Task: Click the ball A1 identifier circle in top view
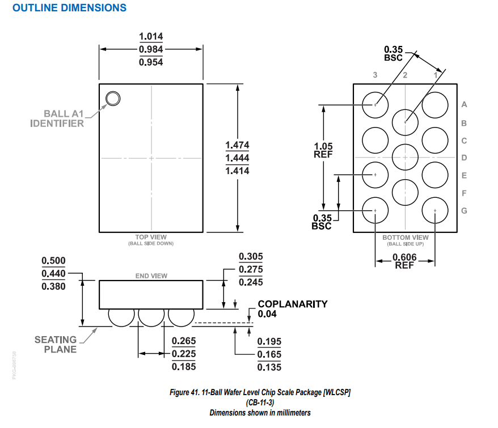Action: pos(113,99)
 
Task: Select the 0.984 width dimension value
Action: pos(151,49)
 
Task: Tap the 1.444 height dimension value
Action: pos(237,158)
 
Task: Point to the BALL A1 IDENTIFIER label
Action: pos(57,118)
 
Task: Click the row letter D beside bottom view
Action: pos(464,158)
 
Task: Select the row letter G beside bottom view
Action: pos(464,211)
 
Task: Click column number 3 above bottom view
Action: pos(375,75)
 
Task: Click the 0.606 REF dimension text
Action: pos(405,261)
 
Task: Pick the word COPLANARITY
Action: pos(293,304)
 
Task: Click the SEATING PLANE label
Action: pos(56,344)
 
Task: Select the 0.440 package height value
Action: pos(53,273)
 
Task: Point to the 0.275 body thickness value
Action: pos(251,269)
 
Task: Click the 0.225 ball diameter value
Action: pos(184,354)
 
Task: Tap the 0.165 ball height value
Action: pos(269,354)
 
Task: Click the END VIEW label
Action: pos(151,276)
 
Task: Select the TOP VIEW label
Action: pos(151,237)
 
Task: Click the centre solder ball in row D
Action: pos(405,157)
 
